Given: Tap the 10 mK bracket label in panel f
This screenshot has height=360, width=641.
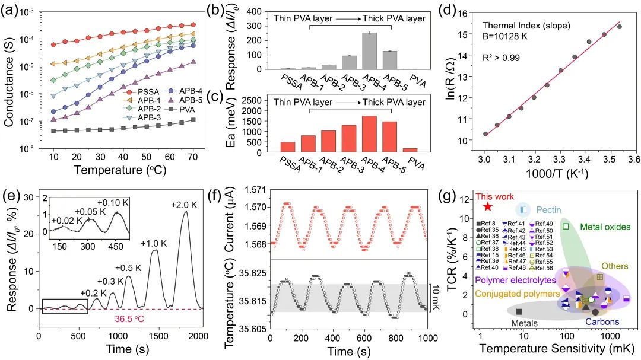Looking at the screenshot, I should (434, 297).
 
